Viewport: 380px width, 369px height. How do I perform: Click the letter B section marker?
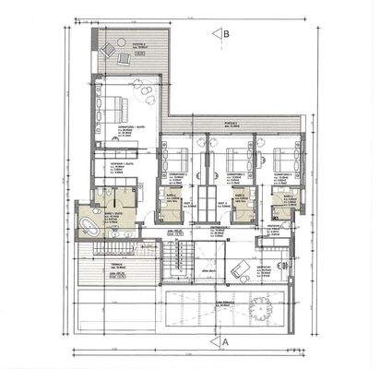(x=226, y=33)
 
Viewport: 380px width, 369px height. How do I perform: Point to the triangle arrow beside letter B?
(x=215, y=34)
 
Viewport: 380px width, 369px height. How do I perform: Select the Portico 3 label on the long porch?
(x=231, y=124)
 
